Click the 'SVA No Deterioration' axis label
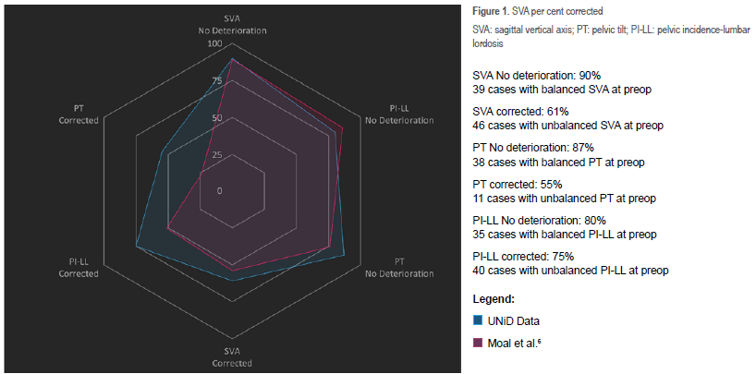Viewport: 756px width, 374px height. coord(232,24)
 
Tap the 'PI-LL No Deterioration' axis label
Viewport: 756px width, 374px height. coord(398,115)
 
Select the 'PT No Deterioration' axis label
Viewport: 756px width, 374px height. coord(398,268)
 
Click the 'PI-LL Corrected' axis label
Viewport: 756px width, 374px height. coord(79,268)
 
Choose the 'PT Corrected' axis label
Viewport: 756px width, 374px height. coord(79,115)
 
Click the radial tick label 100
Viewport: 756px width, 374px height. coord(214,43)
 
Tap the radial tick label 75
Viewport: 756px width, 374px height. coord(216,81)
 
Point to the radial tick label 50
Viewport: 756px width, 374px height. coord(216,118)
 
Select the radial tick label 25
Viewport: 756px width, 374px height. coord(216,154)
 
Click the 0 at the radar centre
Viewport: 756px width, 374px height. coord(219,191)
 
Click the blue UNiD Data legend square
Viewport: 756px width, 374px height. coord(478,320)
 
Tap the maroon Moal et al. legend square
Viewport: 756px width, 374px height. coord(478,343)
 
